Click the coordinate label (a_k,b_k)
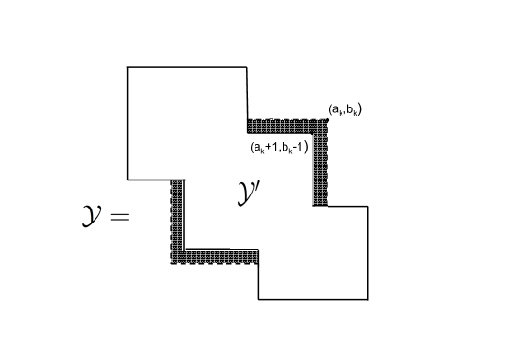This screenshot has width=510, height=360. pos(345,110)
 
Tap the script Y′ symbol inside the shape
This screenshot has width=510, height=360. pos(248,194)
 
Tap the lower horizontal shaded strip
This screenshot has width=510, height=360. pos(220,255)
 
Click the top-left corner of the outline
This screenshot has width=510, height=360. pos(128,67)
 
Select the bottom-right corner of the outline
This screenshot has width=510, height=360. pos(367,299)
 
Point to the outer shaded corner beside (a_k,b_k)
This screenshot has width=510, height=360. pos(327,120)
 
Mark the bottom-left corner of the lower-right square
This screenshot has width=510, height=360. pos(259,299)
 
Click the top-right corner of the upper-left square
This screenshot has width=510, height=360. pos(247,67)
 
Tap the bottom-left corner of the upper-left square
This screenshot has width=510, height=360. pos(128,179)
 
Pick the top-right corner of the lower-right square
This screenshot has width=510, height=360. pos(367,206)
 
